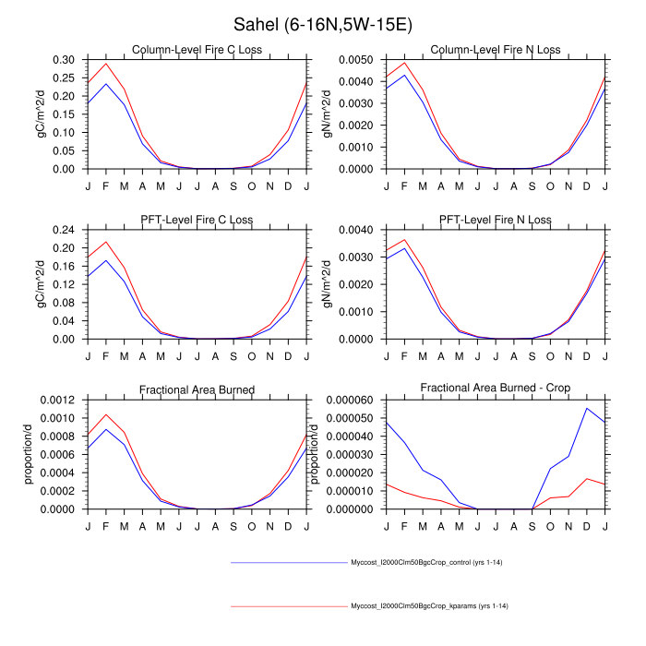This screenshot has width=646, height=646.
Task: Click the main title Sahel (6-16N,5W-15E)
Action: click(x=322, y=24)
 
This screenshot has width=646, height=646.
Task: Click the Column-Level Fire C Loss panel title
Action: click(x=197, y=50)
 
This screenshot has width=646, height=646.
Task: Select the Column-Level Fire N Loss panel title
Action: click(x=484, y=50)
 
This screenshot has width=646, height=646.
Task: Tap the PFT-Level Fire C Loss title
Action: click(x=197, y=220)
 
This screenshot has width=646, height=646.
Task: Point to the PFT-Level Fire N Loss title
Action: click(x=484, y=220)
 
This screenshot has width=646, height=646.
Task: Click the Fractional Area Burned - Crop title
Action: click(x=484, y=389)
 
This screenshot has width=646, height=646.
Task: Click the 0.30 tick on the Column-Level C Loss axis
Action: click(x=66, y=59)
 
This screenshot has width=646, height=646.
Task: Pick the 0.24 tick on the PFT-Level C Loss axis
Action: click(x=66, y=229)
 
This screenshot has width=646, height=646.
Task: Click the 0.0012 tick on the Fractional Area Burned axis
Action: click(x=62, y=399)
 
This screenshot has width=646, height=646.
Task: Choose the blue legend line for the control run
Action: click(x=288, y=561)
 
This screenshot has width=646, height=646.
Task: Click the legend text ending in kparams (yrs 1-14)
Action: click(x=430, y=606)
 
